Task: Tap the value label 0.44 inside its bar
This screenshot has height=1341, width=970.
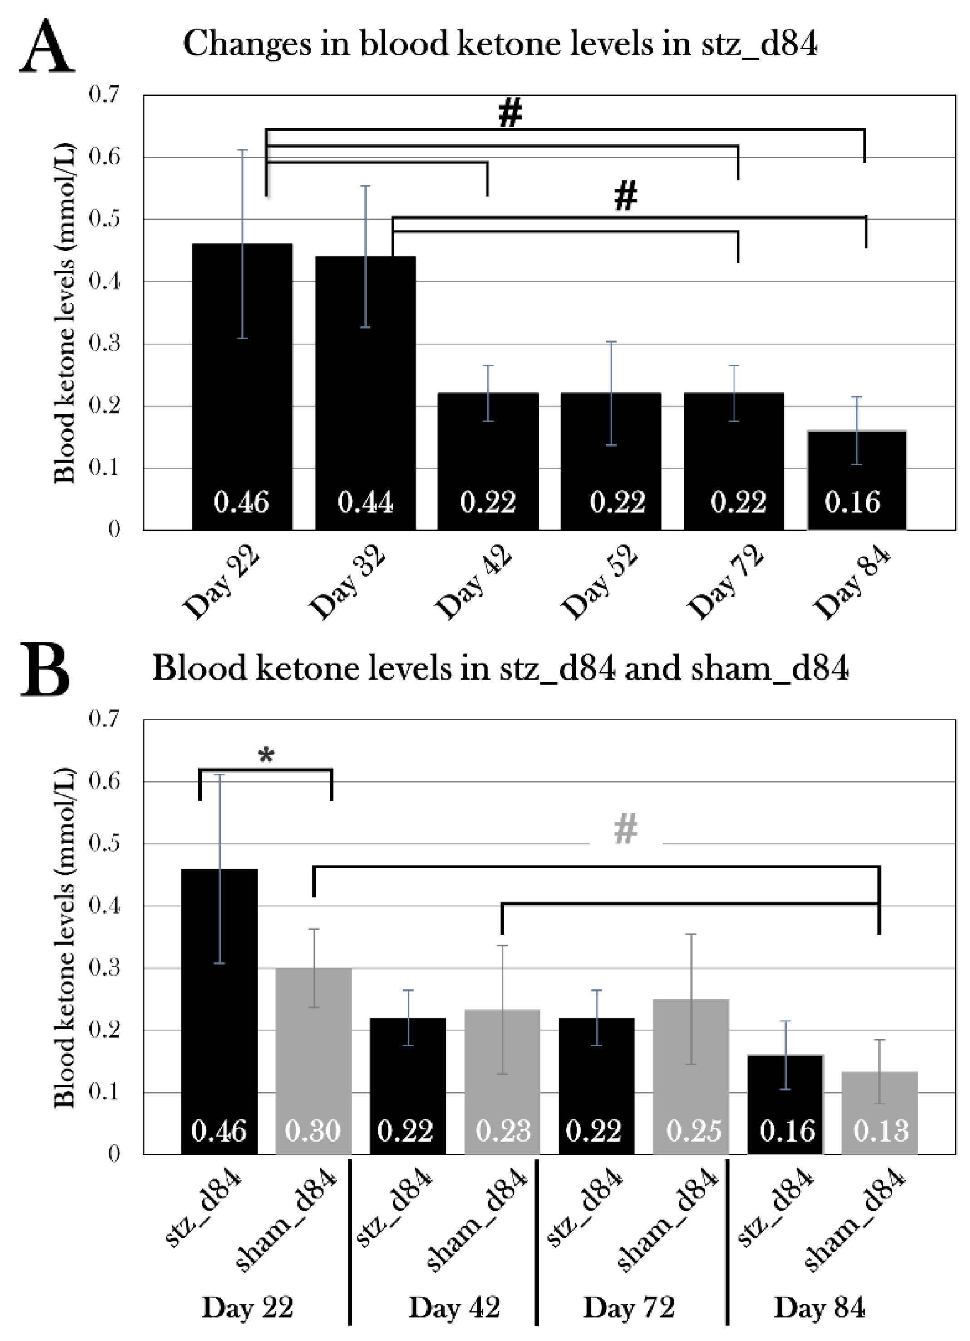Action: point(365,503)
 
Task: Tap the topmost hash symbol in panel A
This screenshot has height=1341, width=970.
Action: point(510,112)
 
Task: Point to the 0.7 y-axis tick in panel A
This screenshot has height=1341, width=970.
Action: point(104,94)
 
